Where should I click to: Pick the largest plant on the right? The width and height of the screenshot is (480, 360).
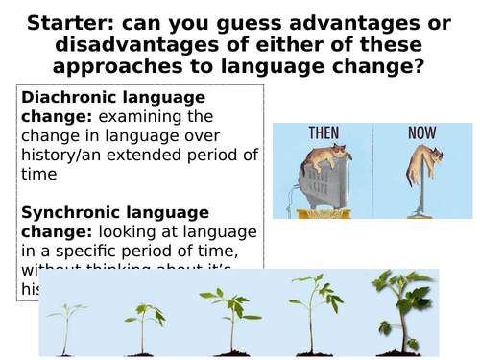(x=401, y=302)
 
